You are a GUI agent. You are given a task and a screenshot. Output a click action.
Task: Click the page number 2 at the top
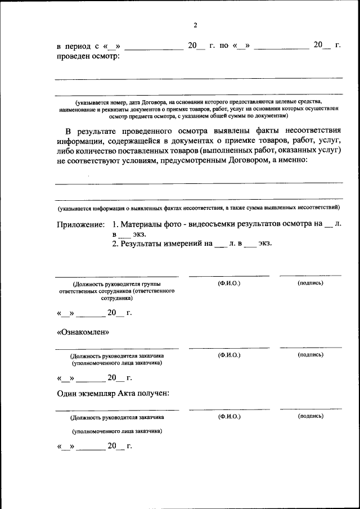click(x=195, y=25)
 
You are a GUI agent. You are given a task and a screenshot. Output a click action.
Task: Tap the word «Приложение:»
click(x=80, y=224)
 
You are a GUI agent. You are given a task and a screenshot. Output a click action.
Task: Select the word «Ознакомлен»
click(x=83, y=332)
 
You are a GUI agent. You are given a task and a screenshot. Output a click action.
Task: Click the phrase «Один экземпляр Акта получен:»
click(x=113, y=393)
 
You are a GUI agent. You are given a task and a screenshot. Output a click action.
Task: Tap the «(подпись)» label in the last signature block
click(x=310, y=416)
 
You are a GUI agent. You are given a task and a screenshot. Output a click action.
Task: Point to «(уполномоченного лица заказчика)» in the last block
click(x=116, y=431)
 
